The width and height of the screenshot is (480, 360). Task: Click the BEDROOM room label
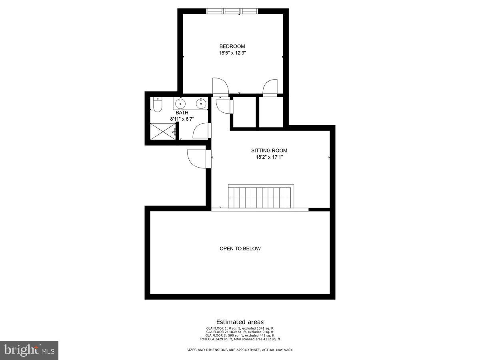click(232, 46)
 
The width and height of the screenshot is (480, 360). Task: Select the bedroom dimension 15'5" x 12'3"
click(232, 53)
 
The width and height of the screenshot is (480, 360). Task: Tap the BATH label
click(182, 113)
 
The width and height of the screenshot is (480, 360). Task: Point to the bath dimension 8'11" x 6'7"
click(182, 119)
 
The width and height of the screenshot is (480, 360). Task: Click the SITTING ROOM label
click(269, 151)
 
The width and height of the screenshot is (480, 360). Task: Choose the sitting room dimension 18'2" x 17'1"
click(269, 157)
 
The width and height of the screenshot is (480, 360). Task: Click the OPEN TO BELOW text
click(240, 249)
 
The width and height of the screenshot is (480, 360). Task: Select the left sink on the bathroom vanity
click(180, 104)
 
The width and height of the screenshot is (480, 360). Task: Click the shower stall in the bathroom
click(162, 132)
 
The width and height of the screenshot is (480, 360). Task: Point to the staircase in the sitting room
click(260, 197)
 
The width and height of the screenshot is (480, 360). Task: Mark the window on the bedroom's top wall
click(232, 11)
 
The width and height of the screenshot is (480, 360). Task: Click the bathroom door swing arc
click(201, 131)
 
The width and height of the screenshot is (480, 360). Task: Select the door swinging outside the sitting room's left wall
click(196, 158)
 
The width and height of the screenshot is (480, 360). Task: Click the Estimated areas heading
click(240, 322)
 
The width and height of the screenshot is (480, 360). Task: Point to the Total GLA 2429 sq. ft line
click(240, 339)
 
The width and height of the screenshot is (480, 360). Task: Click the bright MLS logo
click(29, 350)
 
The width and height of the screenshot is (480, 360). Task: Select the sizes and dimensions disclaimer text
click(240, 350)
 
